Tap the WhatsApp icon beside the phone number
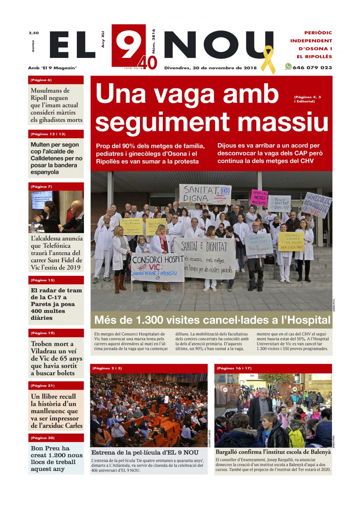[x=288, y=67]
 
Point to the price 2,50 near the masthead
[x=34, y=33]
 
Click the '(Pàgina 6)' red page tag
[x=41, y=80]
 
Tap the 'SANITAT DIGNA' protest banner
[x=204, y=194]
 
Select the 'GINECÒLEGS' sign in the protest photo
[x=317, y=205]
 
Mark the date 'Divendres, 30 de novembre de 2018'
[x=210, y=68]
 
